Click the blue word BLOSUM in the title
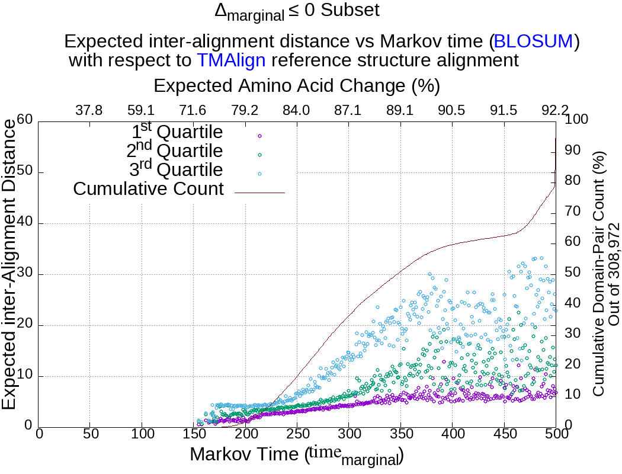[533, 41]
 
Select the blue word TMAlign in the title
[231, 60]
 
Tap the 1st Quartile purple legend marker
[259, 136]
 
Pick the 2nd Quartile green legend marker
[259, 155]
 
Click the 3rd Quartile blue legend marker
[259, 174]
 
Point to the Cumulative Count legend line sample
[259, 193]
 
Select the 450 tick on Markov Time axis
[504, 434]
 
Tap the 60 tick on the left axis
[24, 120]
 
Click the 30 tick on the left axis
[24, 274]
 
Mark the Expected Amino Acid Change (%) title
[296, 86]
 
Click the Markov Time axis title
[296, 455]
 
